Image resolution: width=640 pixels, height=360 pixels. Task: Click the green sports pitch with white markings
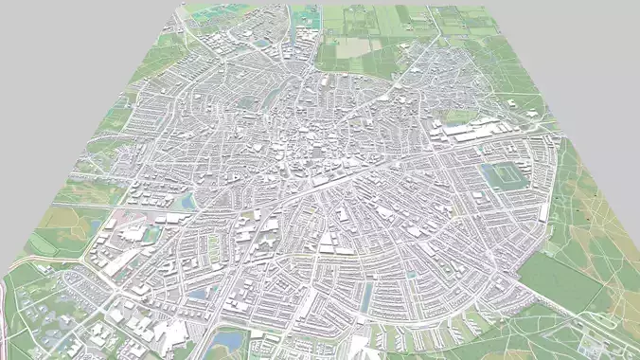pos(504,175)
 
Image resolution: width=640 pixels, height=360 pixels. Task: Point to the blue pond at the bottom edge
pos(229,338)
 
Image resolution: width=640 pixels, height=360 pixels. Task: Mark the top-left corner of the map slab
pos(180,6)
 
